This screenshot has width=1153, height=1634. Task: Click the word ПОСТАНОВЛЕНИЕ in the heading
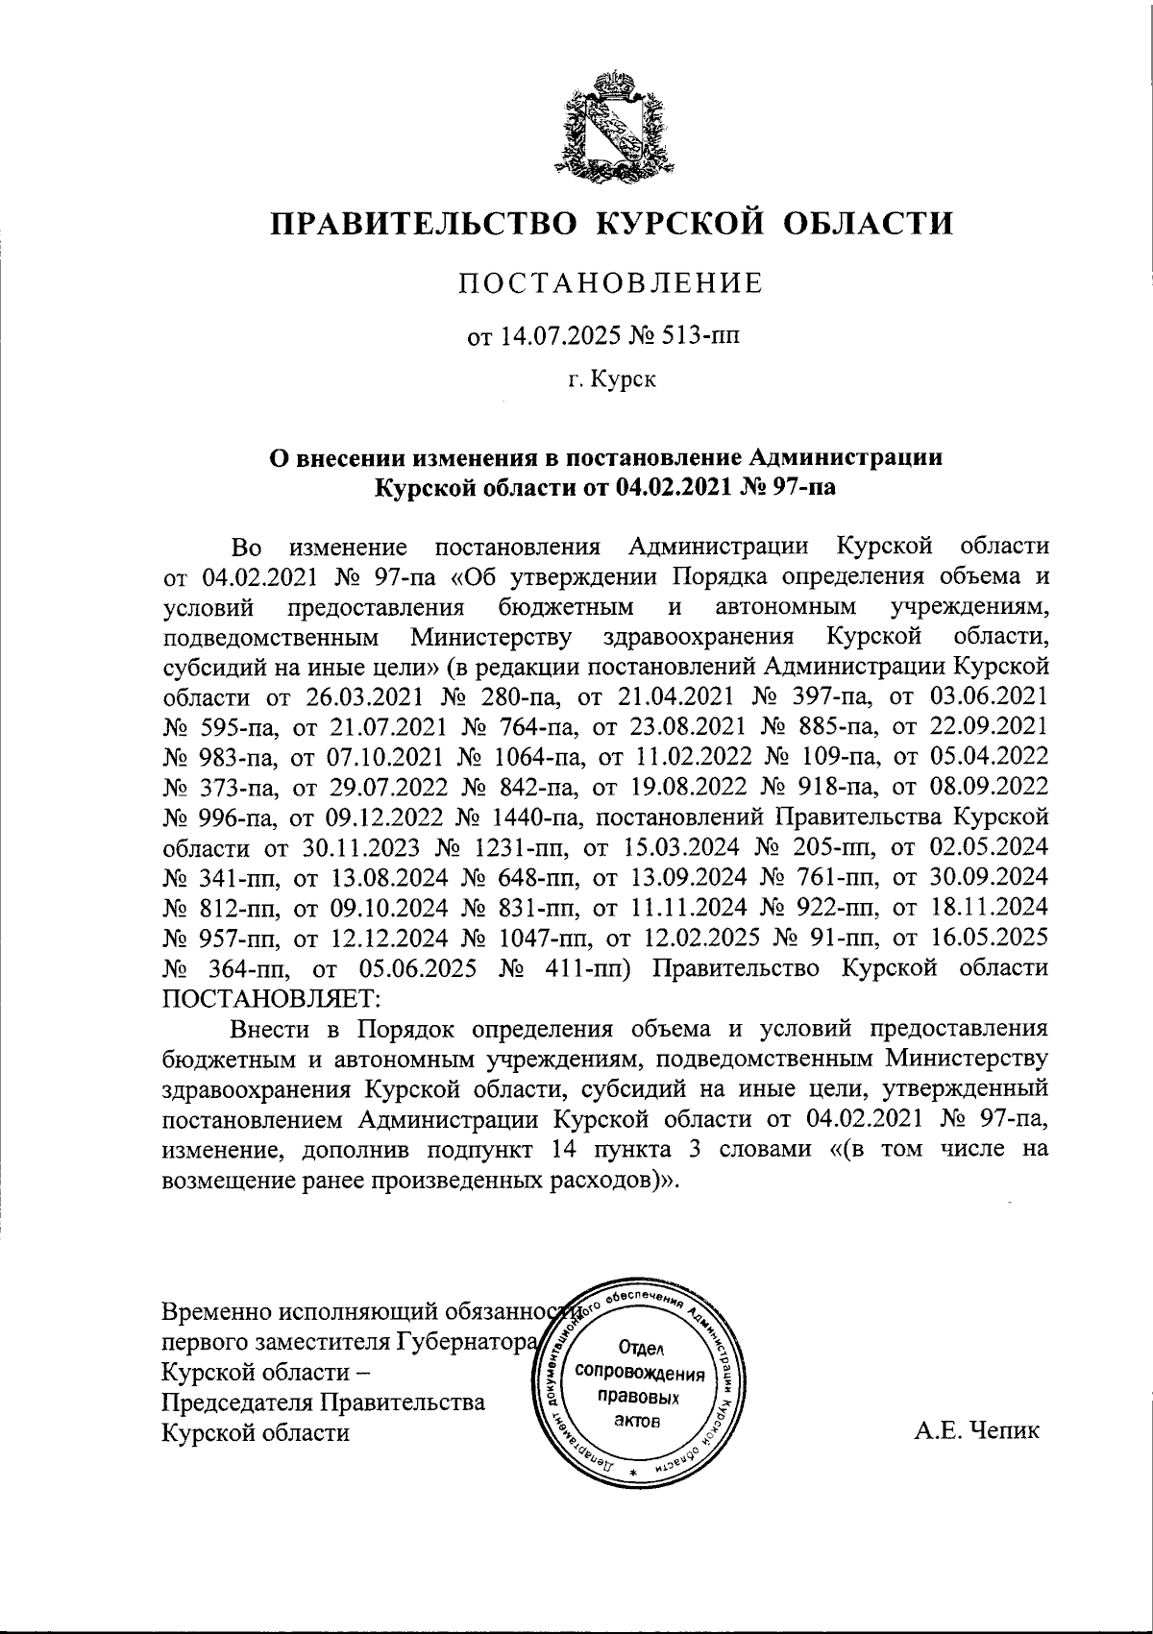click(610, 283)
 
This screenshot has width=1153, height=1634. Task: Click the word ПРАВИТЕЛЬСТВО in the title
click(423, 223)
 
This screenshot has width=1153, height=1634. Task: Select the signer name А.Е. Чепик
click(975, 1431)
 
